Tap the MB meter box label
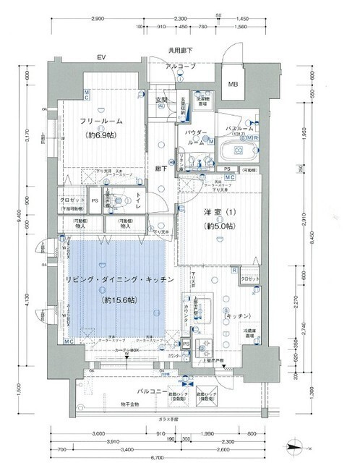233,85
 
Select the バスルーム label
239,128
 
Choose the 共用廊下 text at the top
179,52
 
